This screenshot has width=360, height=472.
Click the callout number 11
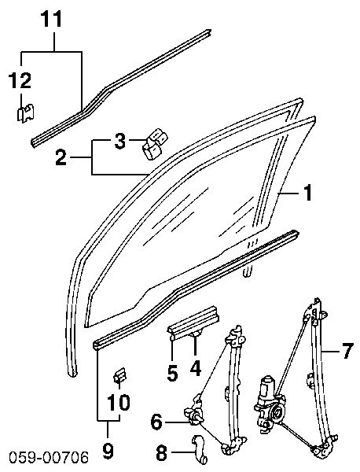51,19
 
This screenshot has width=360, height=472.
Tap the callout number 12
20,81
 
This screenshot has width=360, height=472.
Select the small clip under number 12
25,114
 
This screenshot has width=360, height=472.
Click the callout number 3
119,141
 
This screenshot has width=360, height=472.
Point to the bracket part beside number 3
155,144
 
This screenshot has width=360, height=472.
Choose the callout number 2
61,157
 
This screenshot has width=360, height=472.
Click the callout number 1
307,193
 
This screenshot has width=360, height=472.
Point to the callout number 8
161,452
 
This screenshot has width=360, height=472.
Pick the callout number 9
108,452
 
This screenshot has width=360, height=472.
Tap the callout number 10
119,402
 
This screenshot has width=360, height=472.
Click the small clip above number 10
119,375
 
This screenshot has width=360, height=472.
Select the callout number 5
172,373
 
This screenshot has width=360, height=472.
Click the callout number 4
196,368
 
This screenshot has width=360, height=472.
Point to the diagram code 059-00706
49,458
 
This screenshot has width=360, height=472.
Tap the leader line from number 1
289,194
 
